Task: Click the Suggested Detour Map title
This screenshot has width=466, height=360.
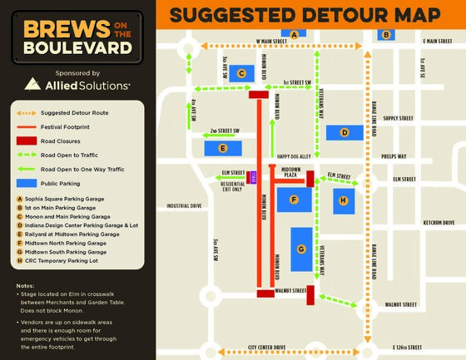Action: point(304,15)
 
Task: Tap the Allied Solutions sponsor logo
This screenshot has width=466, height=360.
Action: point(78,84)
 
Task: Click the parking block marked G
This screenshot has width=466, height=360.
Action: point(301,249)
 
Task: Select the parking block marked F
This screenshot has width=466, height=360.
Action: point(294,200)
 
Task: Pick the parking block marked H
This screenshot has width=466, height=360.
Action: point(344,200)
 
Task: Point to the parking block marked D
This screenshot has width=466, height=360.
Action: point(344,132)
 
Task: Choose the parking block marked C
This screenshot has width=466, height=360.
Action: point(241,73)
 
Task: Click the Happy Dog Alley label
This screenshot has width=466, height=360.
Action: point(293,155)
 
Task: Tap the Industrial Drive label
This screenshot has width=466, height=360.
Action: point(184,205)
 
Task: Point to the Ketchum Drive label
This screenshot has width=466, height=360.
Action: point(438,223)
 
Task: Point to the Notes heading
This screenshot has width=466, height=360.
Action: point(25,285)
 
